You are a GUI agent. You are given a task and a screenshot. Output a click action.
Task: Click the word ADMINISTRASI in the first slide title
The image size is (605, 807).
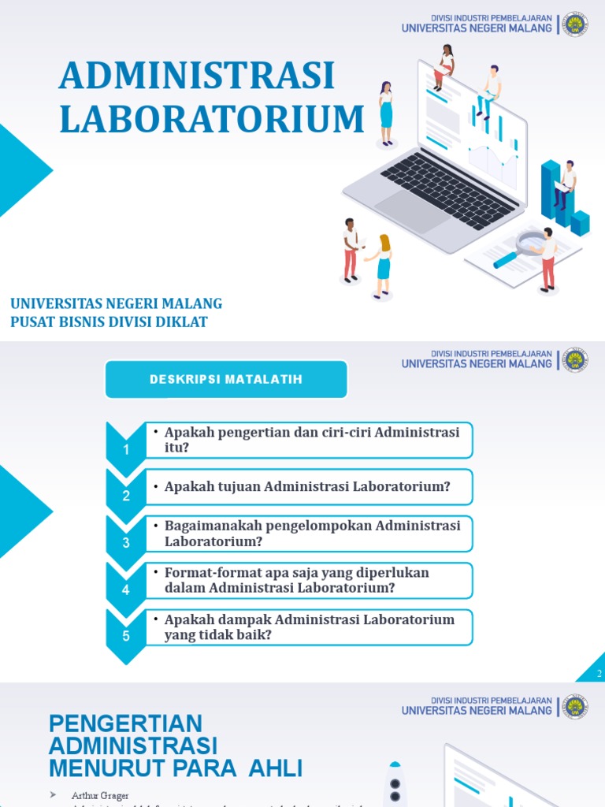(197, 76)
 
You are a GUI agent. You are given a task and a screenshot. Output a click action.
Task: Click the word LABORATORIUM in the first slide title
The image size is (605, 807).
(212, 119)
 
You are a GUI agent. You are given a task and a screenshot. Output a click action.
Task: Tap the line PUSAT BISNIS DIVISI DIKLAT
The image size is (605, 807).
(109, 322)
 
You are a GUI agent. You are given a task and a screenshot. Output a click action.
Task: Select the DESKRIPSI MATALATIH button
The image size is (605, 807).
(226, 380)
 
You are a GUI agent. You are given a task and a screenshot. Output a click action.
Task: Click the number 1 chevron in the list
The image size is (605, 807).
(126, 448)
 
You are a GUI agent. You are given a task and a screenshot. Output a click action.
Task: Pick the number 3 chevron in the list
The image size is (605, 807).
(126, 542)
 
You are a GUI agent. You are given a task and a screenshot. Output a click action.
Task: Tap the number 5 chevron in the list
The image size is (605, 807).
(126, 635)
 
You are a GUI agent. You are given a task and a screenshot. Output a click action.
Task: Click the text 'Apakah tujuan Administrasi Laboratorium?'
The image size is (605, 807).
(307, 487)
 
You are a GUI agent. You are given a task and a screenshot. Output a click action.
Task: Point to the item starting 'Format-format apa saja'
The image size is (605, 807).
(296, 580)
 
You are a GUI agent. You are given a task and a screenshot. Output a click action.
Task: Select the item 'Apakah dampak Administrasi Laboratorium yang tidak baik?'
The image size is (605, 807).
(309, 627)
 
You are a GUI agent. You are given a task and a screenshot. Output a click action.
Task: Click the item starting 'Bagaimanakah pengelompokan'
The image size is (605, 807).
(312, 534)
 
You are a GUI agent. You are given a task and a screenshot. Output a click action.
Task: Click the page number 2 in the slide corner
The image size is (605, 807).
(599, 673)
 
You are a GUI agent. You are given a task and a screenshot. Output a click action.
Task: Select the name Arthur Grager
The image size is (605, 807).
(89, 795)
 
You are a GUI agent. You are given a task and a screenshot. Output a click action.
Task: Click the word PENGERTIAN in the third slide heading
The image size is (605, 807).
(125, 723)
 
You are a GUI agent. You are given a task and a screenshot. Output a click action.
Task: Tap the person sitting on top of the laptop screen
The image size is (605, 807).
(445, 66)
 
